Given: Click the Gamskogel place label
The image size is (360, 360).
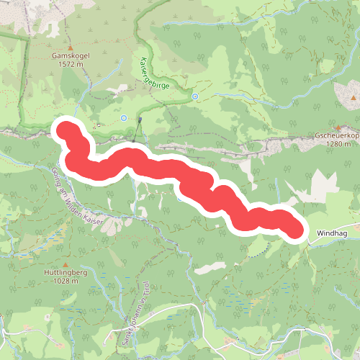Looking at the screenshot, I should pos(69,55).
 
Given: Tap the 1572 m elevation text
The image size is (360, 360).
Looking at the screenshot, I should pos(69,63).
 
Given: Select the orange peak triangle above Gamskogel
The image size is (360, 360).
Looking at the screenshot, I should pos(70,44).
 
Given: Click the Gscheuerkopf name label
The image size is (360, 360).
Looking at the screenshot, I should pos(337,135).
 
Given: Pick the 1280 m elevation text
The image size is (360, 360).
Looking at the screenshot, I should pos(337,143).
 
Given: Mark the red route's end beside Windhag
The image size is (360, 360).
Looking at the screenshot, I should pos(294,228).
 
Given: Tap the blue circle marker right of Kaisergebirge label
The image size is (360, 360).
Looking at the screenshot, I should pos(194,96).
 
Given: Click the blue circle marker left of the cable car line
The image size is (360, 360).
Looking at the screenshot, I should pos(124,117).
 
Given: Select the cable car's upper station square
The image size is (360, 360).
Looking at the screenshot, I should pos(141,119).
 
